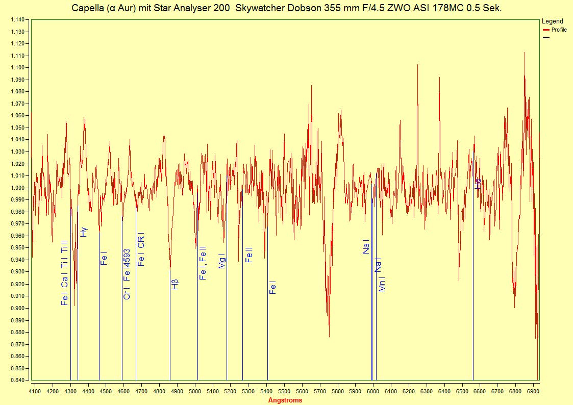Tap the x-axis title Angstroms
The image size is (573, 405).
[285, 400]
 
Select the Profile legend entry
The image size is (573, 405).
[559, 30]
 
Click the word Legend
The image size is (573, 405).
[552, 21]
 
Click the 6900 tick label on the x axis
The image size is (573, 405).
[533, 391]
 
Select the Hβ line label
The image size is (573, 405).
[175, 284]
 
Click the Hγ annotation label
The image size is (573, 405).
[84, 232]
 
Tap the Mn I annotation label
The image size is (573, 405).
[382, 284]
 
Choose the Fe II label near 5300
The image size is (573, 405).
[249, 255]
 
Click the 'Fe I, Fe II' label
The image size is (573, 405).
[203, 263]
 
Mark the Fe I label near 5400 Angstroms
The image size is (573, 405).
[272, 288]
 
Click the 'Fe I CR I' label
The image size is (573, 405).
[141, 249]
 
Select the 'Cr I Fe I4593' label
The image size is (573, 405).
[127, 274]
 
